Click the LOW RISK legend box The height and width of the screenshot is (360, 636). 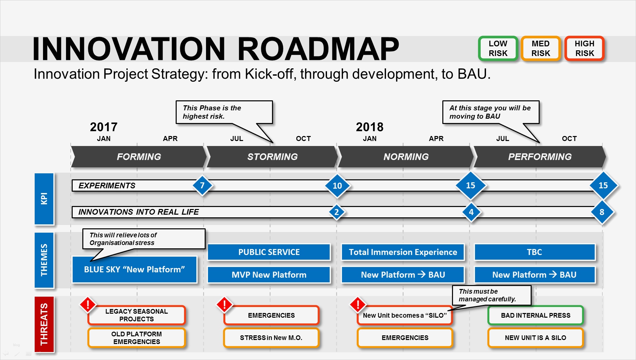pos(498,49)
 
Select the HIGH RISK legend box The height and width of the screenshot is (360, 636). pos(584,49)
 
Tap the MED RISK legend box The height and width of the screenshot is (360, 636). pos(540,49)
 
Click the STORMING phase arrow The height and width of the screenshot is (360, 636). pos(272,157)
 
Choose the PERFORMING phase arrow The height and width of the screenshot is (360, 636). pos(540,157)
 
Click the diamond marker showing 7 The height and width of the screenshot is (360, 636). pos(202,185)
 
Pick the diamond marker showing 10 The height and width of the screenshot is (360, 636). pos(337,186)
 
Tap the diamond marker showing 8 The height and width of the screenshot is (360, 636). pos(602,212)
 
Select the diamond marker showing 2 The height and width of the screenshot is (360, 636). pos(337,212)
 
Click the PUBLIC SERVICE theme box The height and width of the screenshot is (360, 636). pos(269,252)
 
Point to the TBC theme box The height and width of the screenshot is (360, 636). pos(534,252)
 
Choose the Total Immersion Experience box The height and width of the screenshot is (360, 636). pos(403,252)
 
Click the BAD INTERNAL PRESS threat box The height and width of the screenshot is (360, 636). pos(535,315)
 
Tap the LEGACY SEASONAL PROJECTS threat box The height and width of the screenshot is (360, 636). pos(137,315)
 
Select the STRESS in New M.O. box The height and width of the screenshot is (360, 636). pos(271,338)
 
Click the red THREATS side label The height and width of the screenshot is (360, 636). pos(44,324)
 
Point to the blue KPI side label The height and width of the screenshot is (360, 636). pos(44,199)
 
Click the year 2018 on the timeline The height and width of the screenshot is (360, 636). pos(370,127)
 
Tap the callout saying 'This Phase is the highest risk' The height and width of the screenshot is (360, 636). pos(224,112)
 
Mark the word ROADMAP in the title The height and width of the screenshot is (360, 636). pos(318,49)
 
